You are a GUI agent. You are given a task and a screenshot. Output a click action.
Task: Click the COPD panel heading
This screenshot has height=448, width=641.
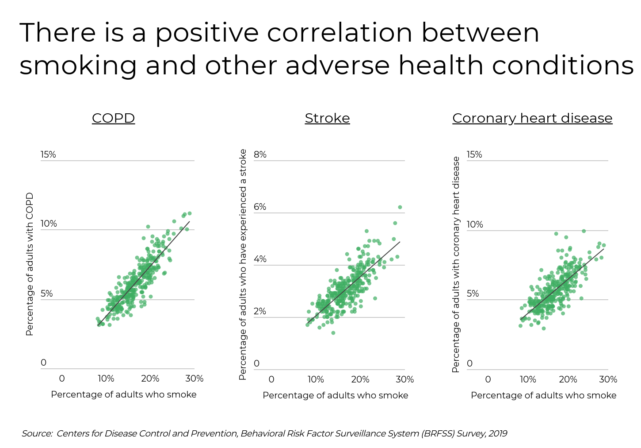pos(113,118)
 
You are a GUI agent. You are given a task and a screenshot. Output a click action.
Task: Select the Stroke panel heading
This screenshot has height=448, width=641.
pos(327,118)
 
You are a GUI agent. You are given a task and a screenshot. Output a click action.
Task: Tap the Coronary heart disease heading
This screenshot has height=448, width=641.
pos(532,118)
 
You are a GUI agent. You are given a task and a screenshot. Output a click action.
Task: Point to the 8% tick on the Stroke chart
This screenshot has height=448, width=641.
pos(260,154)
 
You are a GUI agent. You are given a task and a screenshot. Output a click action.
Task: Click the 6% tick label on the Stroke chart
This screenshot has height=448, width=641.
pos(260,207)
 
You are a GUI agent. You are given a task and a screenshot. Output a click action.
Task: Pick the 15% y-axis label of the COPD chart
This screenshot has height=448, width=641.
pos(48,154)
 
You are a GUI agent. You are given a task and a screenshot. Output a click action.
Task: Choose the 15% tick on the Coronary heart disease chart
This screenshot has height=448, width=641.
pos(474,154)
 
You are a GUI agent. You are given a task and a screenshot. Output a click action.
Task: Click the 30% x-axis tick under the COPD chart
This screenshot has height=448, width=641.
pos(195,378)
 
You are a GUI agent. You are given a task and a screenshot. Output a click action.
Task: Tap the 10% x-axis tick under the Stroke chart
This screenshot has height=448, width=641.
pos(316,379)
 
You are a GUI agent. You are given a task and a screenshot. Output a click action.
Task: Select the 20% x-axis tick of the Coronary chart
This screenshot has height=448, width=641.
pos(568,379)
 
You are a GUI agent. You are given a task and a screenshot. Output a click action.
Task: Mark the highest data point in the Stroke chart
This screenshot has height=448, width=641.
pos(400,207)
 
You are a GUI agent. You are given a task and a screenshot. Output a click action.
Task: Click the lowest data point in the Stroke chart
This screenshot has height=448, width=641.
pos(333,333)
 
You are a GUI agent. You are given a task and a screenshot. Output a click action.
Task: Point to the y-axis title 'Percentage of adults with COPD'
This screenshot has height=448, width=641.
pos(30,264)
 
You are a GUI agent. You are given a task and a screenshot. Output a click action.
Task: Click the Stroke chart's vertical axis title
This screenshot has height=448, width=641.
pos(243,264)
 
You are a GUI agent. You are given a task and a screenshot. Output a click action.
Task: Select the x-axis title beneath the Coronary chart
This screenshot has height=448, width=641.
pos(543,395)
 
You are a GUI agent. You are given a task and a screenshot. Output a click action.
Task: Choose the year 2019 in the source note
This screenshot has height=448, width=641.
pos(498,434)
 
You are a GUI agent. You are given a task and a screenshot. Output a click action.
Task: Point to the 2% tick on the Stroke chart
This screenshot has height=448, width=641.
pos(260,311)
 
